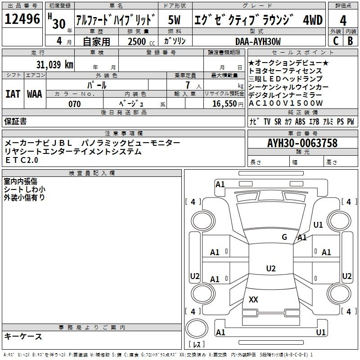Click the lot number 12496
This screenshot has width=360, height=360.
pos(22,19)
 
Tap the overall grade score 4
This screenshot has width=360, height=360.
pos(343,21)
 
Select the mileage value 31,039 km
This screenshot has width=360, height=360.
pos(54,65)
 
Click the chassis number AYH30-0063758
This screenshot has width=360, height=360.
pos(302,143)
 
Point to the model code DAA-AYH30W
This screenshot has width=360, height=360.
pos(258,41)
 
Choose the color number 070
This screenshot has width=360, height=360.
pos(75,104)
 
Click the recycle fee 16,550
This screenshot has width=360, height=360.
pos(224,104)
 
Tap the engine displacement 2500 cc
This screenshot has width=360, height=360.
pos(141,41)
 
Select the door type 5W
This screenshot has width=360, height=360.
pos(174,20)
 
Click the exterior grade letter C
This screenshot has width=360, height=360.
pos(336,41)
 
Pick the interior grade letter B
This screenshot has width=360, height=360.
pos(350,41)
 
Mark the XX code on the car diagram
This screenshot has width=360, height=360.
pos(253,299)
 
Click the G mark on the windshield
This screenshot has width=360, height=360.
pos(284,237)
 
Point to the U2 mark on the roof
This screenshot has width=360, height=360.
pos(271,268)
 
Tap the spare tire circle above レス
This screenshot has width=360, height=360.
pos(197,328)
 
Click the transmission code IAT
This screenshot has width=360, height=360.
pos(13,94)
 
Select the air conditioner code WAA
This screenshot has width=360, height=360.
pos(35,94)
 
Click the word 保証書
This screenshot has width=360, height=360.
pos(15,121)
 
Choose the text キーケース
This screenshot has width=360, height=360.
pos(23,337)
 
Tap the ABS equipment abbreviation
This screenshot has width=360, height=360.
pos(300,121)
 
